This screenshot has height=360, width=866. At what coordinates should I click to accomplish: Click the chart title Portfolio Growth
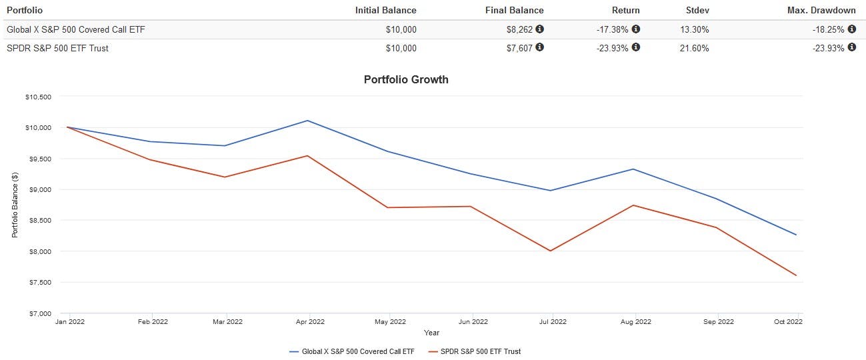(406, 79)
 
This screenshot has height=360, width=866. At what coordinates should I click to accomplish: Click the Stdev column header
(696, 10)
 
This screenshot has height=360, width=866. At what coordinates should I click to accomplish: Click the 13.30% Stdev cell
(695, 29)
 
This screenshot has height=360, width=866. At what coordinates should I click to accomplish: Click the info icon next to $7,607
(540, 48)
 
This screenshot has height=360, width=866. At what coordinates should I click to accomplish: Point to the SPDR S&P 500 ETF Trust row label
(57, 48)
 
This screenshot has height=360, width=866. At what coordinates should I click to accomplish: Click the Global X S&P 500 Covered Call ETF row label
(75, 29)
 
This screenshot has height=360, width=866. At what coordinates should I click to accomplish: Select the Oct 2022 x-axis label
(788, 322)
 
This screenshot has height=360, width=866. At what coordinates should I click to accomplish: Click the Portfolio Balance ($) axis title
(15, 205)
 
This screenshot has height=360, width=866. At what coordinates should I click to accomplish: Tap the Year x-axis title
(431, 333)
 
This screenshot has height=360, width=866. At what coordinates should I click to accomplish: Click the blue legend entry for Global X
(351, 351)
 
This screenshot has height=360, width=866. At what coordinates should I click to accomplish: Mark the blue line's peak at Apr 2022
(307, 121)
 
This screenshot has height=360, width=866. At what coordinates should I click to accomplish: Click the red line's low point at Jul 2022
(550, 251)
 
